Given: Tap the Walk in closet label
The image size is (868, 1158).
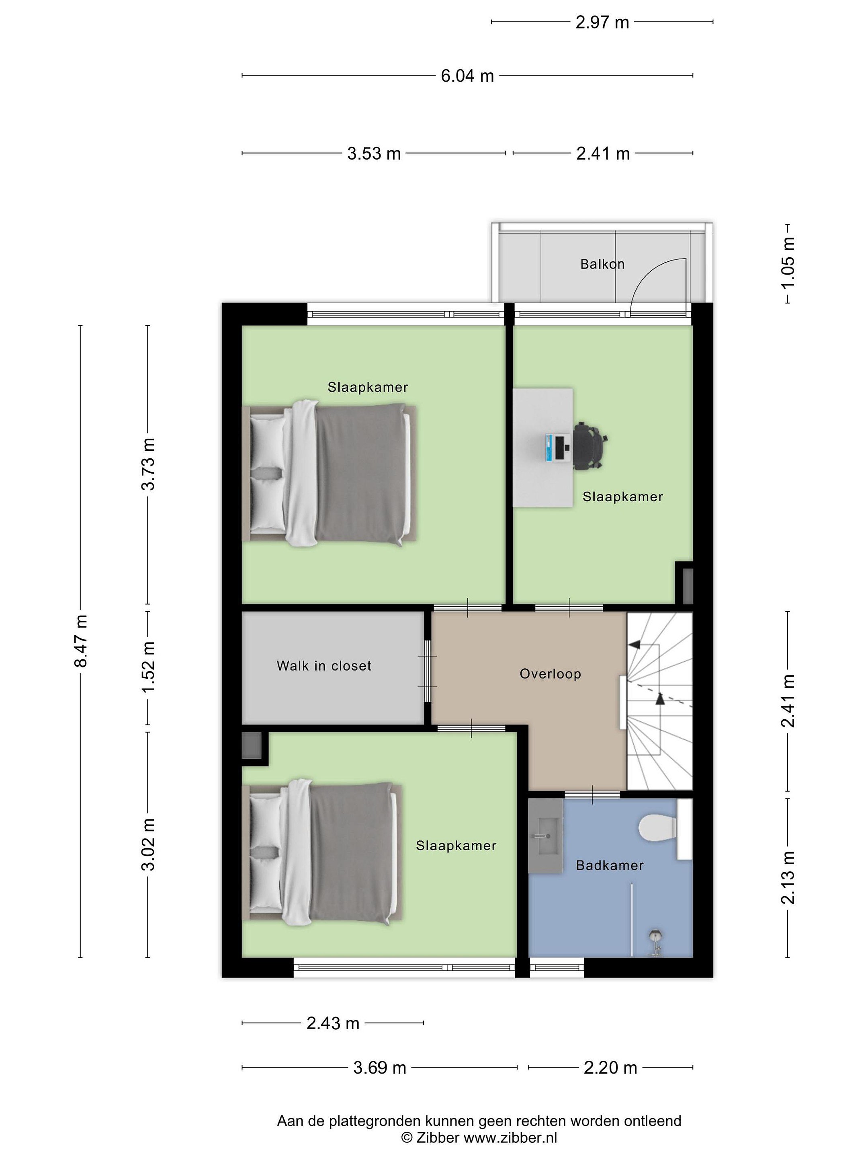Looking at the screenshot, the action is click(324, 665).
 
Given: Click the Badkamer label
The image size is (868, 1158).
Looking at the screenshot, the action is click(610, 865).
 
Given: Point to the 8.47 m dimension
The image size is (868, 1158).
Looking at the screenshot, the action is click(81, 641).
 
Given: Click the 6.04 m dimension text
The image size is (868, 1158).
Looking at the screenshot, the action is click(467, 76).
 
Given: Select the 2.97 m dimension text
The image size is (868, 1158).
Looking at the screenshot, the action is click(602, 23).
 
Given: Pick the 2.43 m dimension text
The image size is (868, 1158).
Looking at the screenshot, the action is click(333, 1023).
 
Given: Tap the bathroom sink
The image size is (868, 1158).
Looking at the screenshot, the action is click(546, 836).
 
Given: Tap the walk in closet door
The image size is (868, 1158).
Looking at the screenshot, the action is click(428, 671).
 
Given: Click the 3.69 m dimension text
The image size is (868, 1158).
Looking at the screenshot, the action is click(379, 1068).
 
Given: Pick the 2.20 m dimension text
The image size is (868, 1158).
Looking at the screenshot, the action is click(610, 1068).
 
